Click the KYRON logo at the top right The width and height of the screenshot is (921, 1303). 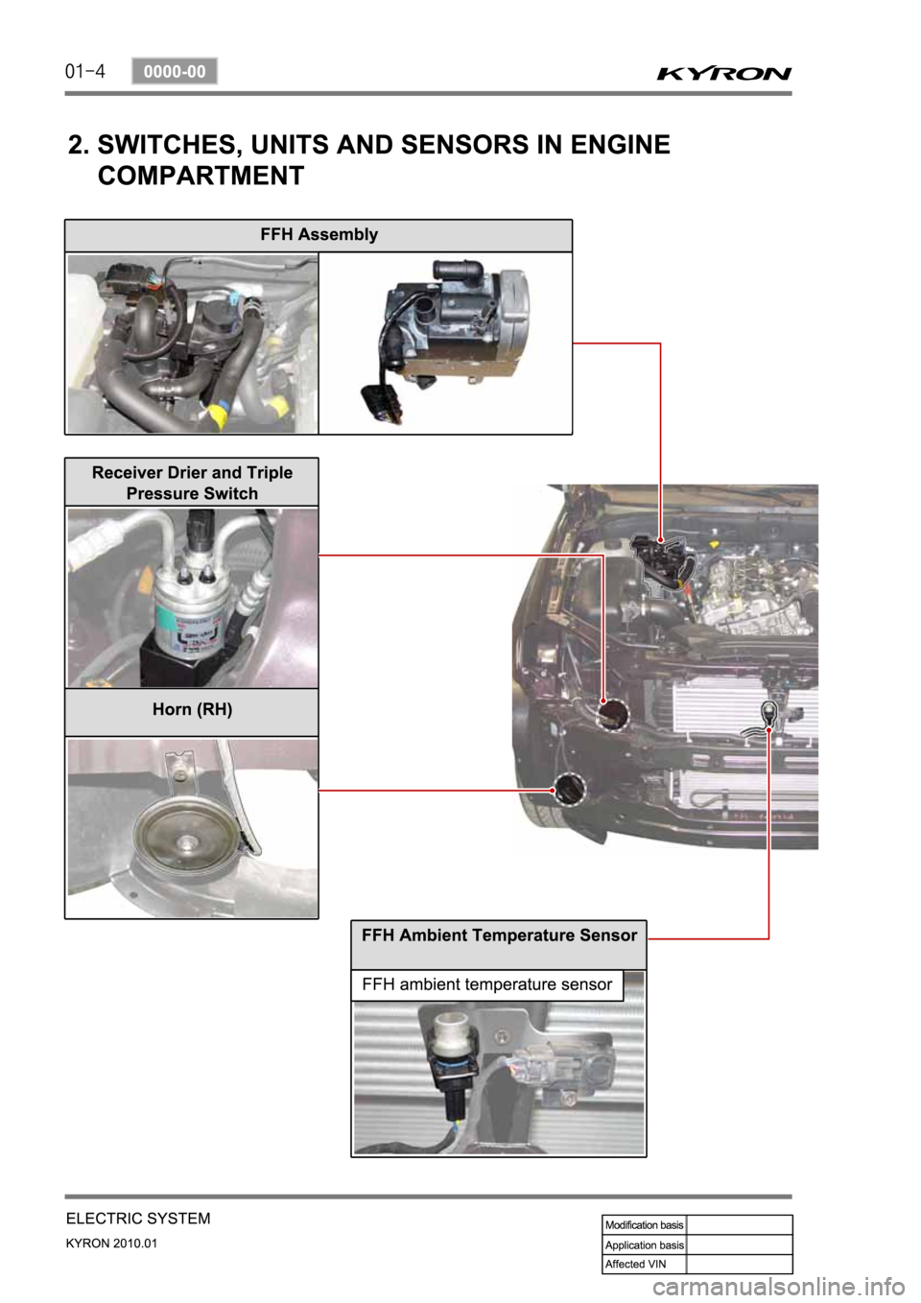tap(724, 74)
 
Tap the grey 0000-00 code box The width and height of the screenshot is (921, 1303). tap(175, 72)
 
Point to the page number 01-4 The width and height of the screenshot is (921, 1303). tap(85, 72)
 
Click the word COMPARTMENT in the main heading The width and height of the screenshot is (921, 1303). tap(201, 175)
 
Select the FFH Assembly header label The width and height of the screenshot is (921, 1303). tap(319, 234)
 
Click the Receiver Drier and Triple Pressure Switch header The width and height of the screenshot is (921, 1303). tap(192, 483)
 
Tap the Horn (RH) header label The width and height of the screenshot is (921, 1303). tap(193, 710)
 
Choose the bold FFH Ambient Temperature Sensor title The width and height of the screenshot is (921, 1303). tap(499, 936)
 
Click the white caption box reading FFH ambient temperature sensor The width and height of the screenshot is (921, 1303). tap(487, 984)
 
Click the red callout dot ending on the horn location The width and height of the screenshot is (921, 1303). tap(553, 790)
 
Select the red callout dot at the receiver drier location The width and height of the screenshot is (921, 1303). tap(603, 701)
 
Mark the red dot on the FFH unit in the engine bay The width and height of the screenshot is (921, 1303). tap(660, 539)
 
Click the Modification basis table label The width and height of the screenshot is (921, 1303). tap(645, 1225)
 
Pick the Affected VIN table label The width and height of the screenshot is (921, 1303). tap(635, 1264)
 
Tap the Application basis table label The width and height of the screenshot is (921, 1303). tap(645, 1244)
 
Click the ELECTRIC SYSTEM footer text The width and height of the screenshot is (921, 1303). tap(138, 1219)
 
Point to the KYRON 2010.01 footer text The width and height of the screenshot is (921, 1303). tap(111, 1244)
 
